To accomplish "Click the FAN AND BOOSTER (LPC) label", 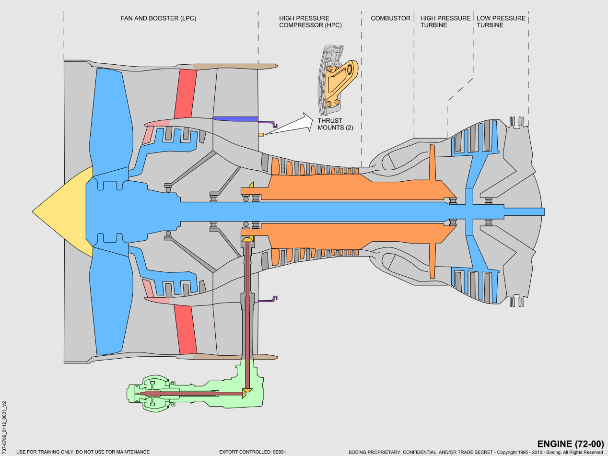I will pos(158,18).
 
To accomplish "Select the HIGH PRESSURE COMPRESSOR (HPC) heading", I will pos(310,22).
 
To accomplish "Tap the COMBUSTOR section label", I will pos(390,18).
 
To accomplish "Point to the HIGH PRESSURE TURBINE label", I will pos(445,22).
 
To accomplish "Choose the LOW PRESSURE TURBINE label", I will pos(501,22).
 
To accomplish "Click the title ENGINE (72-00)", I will pos(570,444).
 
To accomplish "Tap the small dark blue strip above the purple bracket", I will pos(235,118).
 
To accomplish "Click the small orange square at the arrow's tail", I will pos(261,135).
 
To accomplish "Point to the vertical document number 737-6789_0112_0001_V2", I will pos(4,422).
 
